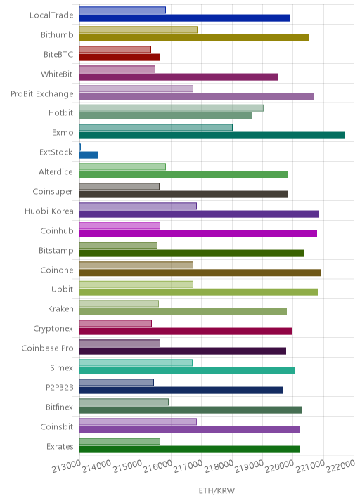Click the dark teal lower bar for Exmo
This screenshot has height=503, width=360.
(212, 136)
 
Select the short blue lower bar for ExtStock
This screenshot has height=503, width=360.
(89, 155)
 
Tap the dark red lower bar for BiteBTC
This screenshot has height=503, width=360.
(120, 57)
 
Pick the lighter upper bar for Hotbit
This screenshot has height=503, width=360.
(172, 108)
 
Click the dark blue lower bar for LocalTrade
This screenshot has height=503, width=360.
(185, 18)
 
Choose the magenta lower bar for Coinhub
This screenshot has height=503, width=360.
(198, 233)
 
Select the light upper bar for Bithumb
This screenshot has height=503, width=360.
(139, 30)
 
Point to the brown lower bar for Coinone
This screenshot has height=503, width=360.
(200, 273)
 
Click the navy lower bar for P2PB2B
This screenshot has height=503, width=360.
(181, 391)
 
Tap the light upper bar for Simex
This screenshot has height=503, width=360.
(136, 362)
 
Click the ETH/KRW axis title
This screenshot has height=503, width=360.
(217, 490)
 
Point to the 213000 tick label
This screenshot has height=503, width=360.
(67, 466)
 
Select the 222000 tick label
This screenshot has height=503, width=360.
(341, 466)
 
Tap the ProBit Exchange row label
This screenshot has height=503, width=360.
(42, 94)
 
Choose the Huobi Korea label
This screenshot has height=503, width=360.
(49, 211)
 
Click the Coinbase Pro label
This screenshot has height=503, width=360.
(48, 348)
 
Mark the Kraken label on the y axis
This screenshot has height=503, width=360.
(60, 308)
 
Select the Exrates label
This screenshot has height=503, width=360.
(60, 446)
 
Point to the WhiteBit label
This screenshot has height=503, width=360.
(57, 74)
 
